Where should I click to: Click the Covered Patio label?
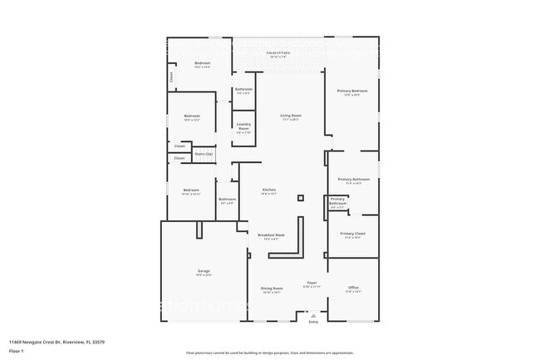click(278, 53)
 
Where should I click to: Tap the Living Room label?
click(290, 116)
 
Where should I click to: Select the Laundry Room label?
click(243, 128)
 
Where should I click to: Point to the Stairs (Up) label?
click(204, 154)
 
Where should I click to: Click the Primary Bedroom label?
click(352, 91)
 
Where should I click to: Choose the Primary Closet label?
click(352, 234)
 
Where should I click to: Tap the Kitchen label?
click(269, 190)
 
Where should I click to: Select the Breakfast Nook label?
click(272, 235)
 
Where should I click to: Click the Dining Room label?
click(272, 288)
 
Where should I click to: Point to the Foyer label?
click(312, 283)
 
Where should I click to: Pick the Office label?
click(353, 288)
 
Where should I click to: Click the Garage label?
click(204, 272)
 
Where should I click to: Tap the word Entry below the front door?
click(313, 322)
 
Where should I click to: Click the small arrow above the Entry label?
click(313, 316)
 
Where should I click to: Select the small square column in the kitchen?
click(301, 197)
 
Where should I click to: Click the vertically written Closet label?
click(171, 76)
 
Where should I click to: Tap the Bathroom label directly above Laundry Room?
click(243, 89)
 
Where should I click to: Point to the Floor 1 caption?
click(17, 351)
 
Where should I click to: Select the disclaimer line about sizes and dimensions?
click(270, 353)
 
